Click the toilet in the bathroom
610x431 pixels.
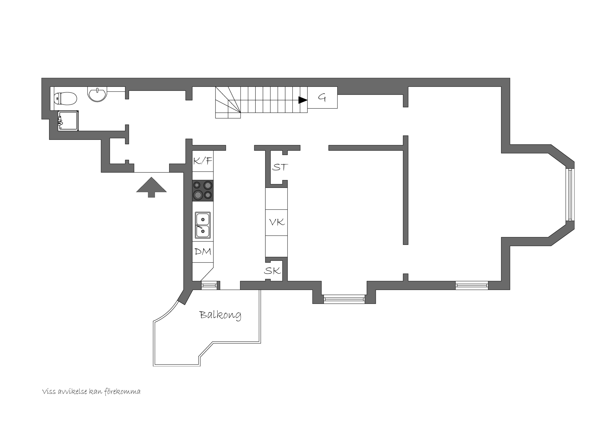click(x=65, y=99)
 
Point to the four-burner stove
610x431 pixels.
click(x=203, y=190)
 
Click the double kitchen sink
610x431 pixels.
click(x=203, y=225)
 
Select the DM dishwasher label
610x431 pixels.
click(x=203, y=251)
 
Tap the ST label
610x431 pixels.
click(x=280, y=167)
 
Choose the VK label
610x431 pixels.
click(x=277, y=222)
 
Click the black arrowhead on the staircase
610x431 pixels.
click(x=303, y=100)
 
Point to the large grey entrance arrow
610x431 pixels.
click(x=151, y=187)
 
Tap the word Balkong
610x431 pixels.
click(x=220, y=315)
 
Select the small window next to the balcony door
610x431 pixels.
click(x=209, y=285)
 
